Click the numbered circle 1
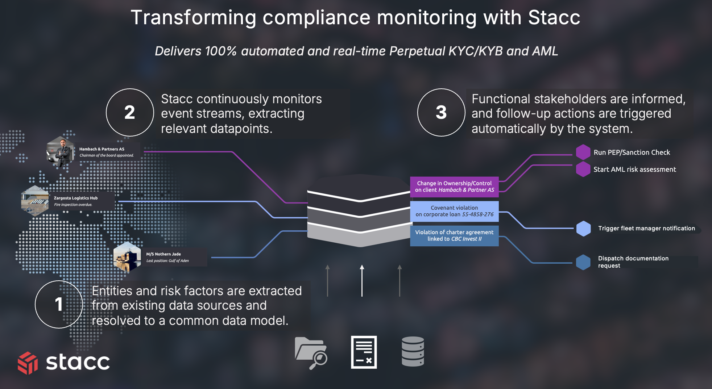pos(59,304)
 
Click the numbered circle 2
pos(130,112)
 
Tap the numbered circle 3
pos(441,112)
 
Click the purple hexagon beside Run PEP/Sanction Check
pos(583,152)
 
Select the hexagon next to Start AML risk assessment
pos(583,169)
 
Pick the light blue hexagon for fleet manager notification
pos(583,229)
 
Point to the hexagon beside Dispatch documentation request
pos(583,262)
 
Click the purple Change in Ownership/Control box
pos(454,187)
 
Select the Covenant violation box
pos(454,211)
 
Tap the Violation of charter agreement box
pos(454,236)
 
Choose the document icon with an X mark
pos(364,352)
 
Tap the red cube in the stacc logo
pos(28,363)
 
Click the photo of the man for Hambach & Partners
pos(60,152)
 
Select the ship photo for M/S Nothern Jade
pos(127,257)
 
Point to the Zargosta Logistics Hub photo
pos(35,201)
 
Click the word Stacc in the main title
pos(554,17)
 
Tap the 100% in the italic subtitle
pos(220,51)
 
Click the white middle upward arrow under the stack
pos(362,281)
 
